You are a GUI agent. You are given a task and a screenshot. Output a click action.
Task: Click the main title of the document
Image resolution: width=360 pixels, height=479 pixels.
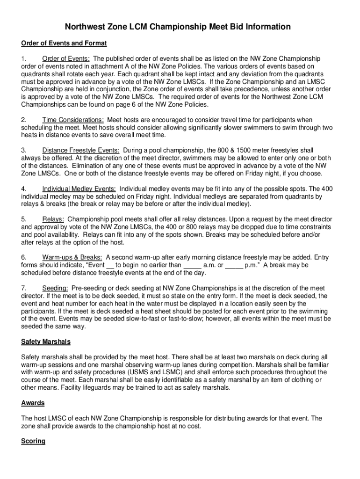pos(178,27)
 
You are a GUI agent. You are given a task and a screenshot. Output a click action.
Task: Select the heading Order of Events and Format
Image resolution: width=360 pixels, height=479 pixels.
pos(64,44)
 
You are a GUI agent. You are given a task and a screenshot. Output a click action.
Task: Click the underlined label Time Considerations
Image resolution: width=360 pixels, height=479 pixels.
pos(73,120)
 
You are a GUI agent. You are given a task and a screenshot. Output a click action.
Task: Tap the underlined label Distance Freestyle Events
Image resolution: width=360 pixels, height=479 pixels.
pos(80,150)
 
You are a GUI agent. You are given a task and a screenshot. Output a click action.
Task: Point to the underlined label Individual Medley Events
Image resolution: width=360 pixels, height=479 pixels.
pos(79,189)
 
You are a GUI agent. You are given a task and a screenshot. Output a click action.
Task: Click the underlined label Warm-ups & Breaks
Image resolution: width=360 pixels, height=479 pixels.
pos(72,257)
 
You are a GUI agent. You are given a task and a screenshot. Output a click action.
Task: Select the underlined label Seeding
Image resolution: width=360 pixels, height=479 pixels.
pos(55,288)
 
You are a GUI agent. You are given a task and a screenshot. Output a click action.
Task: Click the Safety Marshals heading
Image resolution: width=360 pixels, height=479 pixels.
pos(46,342)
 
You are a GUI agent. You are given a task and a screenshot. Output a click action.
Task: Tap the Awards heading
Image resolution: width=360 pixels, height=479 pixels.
pos(33,403)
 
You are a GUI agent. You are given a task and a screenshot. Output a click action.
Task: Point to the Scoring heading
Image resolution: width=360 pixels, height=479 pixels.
pos(33,441)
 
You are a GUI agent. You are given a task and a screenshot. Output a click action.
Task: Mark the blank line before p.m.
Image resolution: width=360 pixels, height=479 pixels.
pos(234,265)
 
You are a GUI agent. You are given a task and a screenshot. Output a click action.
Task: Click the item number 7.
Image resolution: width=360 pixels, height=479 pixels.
pos(23,288)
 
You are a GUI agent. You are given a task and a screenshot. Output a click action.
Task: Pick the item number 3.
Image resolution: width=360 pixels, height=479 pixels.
pos(23,150)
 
